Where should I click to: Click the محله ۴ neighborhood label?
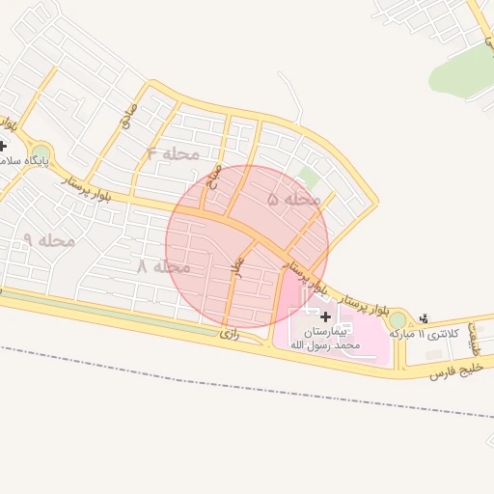tap(174, 154)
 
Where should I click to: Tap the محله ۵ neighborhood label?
tap(293, 200)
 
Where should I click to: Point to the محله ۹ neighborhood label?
tap(48, 240)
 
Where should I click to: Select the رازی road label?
tap(229, 334)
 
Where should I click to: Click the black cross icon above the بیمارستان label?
tap(325, 316)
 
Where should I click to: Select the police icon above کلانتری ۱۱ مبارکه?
tap(426, 317)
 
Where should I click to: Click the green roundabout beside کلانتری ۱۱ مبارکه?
tap(398, 318)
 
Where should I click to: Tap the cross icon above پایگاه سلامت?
tap(3, 146)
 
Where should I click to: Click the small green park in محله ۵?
tap(308, 177)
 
